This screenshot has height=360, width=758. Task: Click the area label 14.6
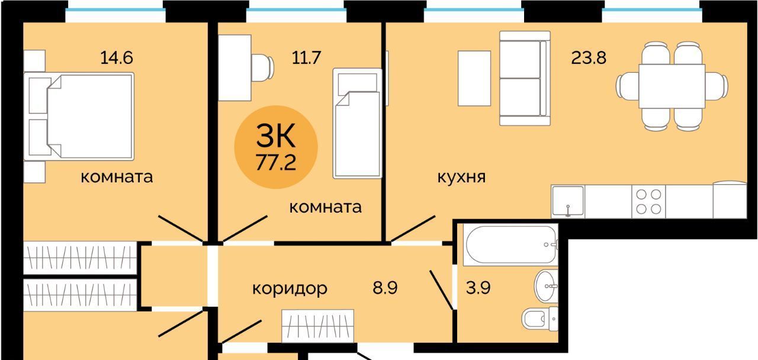(117, 57)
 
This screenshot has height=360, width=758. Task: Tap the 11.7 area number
(306, 57)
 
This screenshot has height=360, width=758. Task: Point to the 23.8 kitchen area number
(589, 57)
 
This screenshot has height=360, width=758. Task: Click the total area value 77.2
(276, 162)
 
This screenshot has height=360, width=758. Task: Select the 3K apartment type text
(276, 136)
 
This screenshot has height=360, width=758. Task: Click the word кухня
(461, 177)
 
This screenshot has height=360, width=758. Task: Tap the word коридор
(290, 288)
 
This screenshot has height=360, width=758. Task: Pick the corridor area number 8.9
(385, 288)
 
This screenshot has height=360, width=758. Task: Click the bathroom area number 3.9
(478, 288)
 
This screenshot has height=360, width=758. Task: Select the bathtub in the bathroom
(511, 245)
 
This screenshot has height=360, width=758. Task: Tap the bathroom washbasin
(546, 286)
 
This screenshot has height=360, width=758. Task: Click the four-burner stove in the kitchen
(648, 202)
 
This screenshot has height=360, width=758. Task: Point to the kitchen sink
(568, 202)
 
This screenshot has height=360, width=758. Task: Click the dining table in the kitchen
(672, 86)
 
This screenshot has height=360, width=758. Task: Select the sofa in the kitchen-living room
(525, 78)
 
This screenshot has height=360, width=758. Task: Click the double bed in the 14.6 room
(79, 117)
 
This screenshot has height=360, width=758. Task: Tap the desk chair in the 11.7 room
(262, 67)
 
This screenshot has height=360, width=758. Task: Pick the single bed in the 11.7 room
(358, 124)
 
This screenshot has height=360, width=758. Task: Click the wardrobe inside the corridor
(318, 326)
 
